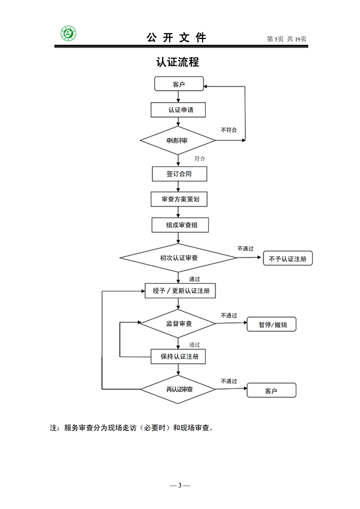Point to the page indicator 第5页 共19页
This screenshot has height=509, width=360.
point(286,39)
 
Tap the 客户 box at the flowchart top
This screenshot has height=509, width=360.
point(179,84)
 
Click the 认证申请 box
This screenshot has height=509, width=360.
point(179,110)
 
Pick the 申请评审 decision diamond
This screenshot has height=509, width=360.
point(178,141)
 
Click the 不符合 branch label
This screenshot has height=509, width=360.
point(229,130)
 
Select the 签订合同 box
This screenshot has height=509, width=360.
point(179,174)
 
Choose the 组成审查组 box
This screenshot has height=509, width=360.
point(179,225)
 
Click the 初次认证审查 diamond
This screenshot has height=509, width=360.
point(179,258)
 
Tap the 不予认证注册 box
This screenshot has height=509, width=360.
point(288,259)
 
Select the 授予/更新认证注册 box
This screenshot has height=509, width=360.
point(180,291)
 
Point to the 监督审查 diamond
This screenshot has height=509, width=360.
point(178,324)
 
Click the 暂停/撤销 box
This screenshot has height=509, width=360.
point(272,324)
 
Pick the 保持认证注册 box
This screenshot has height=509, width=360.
point(179,357)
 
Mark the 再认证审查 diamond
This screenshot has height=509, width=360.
point(178,390)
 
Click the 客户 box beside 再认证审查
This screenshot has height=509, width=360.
point(272,390)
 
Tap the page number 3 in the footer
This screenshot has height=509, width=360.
point(179,484)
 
